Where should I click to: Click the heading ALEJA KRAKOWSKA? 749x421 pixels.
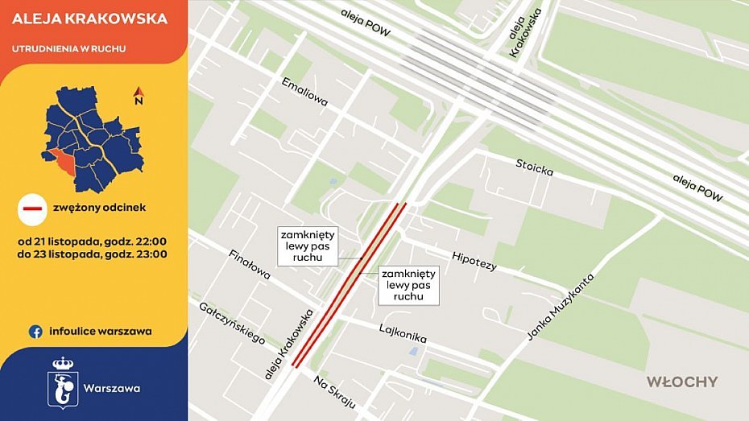(x=89, y=19)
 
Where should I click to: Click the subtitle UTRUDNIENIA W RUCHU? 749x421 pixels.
(x=68, y=49)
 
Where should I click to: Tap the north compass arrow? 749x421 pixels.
(x=138, y=96)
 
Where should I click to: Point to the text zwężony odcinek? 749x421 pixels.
(x=99, y=208)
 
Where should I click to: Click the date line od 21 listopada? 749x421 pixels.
(x=93, y=241)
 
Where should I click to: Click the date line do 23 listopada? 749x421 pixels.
(x=93, y=254)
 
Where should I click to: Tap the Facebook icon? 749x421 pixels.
(x=35, y=331)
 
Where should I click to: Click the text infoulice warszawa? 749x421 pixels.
(x=100, y=331)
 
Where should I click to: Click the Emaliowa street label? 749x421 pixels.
(x=304, y=91)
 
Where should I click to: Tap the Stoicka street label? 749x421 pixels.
(x=535, y=169)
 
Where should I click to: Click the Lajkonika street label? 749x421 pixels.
(x=402, y=333)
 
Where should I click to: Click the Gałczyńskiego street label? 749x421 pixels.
(x=232, y=322)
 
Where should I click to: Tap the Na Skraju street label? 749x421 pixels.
(x=334, y=392)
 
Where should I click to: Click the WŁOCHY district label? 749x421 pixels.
(x=681, y=382)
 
